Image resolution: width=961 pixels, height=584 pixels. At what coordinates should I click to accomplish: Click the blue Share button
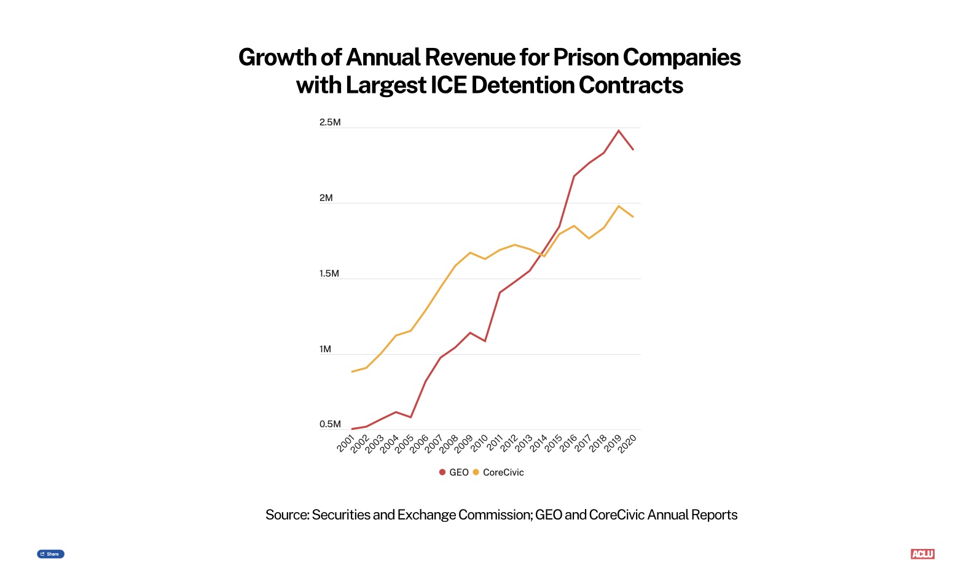click(x=50, y=554)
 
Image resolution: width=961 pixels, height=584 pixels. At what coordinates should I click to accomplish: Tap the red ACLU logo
click(x=922, y=554)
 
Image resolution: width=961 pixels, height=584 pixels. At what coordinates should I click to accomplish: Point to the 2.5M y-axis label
click(x=330, y=122)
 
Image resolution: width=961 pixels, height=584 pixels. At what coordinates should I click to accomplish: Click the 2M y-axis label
click(x=326, y=198)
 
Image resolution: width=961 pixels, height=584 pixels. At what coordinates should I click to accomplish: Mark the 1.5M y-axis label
click(x=329, y=274)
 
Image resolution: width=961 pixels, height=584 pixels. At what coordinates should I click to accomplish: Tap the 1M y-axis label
click(x=326, y=349)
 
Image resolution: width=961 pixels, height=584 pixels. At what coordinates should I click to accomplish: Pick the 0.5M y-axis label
click(x=330, y=424)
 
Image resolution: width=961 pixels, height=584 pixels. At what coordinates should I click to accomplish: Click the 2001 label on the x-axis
click(x=346, y=443)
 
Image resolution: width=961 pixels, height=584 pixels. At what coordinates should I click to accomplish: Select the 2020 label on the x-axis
click(x=627, y=443)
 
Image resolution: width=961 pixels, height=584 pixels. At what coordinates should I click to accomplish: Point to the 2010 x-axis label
click(x=479, y=443)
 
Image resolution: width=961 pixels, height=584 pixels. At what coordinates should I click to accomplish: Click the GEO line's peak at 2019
click(x=619, y=130)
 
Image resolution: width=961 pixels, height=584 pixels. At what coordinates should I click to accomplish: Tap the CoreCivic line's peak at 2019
click(x=619, y=206)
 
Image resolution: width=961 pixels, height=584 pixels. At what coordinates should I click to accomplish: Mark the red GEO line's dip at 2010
click(x=485, y=341)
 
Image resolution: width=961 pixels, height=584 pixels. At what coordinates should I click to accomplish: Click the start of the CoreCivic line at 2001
click(x=351, y=372)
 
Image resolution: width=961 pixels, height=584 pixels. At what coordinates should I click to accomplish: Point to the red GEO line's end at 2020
click(x=633, y=149)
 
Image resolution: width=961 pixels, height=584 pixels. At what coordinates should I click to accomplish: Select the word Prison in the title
click(x=586, y=57)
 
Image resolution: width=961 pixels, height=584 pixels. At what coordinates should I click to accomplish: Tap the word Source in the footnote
click(x=286, y=515)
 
